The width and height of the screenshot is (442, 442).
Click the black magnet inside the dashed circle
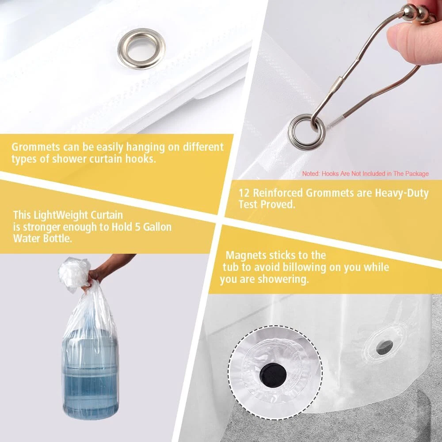(x=273, y=375)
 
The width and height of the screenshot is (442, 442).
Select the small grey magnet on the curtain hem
(x=385, y=347)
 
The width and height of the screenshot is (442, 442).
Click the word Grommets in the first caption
(x=36, y=147)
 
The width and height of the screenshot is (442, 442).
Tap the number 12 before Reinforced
(x=244, y=193)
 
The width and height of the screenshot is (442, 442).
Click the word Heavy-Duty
(x=402, y=193)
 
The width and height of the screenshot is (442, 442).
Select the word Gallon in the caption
(x=157, y=227)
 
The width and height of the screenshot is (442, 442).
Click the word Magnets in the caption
(x=245, y=255)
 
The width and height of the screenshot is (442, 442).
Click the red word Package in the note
(x=417, y=174)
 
